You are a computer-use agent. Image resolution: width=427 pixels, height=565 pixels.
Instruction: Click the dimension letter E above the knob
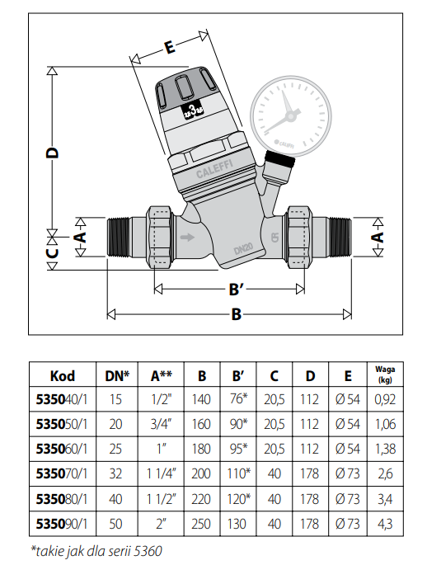point(169,47)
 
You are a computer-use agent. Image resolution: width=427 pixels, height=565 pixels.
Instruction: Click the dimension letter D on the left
point(53,153)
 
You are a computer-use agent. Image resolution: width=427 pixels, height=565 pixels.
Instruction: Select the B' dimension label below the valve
point(237,289)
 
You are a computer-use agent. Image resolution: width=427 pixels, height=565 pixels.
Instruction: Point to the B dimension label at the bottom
point(237,314)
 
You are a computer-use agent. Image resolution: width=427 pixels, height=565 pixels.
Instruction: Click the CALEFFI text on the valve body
point(214,168)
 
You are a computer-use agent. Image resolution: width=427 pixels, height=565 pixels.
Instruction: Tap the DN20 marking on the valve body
point(243,248)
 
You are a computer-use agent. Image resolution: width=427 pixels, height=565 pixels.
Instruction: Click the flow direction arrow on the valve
point(187,237)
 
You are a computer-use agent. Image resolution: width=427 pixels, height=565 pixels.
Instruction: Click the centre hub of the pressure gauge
point(290,116)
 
